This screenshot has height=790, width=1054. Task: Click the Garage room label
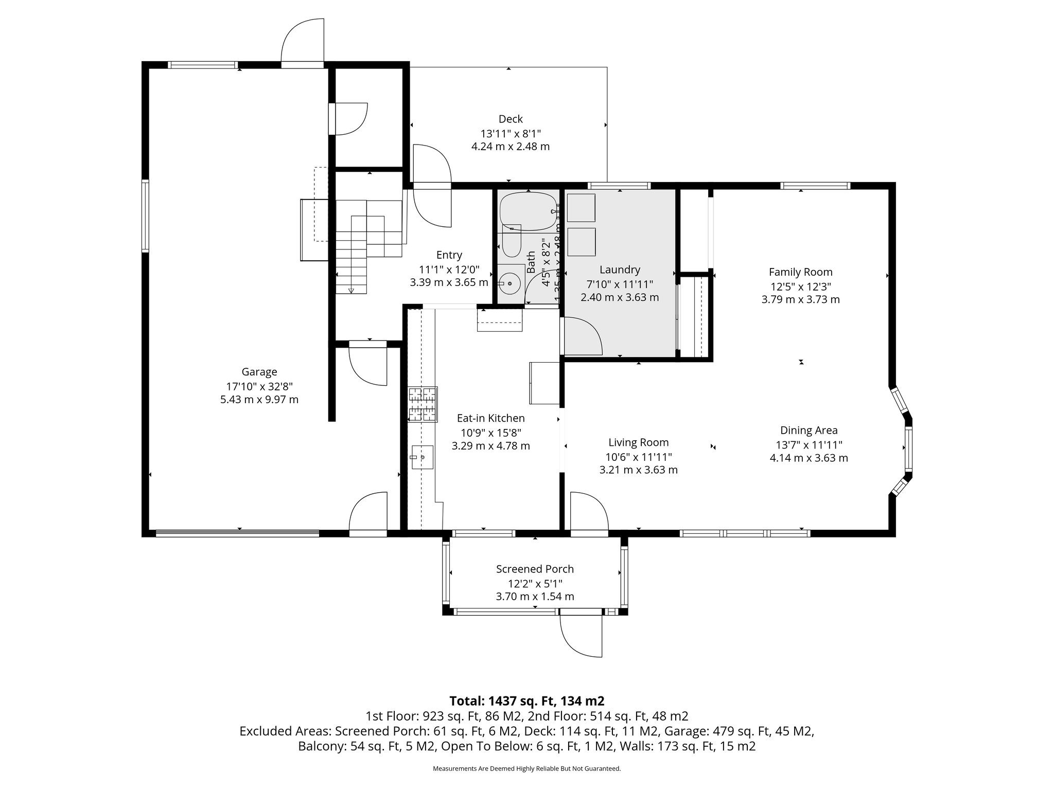click(259, 371)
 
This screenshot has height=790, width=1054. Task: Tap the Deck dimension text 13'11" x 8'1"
click(511, 133)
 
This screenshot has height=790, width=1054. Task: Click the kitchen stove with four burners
click(423, 404)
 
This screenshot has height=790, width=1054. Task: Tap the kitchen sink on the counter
click(422, 457)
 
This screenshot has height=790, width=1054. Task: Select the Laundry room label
click(620, 270)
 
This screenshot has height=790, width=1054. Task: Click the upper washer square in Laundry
click(581, 207)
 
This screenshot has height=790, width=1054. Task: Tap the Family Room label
click(800, 272)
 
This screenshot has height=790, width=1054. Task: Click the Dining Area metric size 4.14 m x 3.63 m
click(809, 458)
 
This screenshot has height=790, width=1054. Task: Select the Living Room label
click(638, 442)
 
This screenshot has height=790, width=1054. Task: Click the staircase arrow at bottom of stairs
click(351, 291)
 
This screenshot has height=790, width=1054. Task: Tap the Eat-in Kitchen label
click(490, 418)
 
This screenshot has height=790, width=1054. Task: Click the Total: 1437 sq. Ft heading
click(526, 701)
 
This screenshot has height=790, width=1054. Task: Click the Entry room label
click(449, 255)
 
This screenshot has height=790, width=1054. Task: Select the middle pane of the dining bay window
click(909, 449)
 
